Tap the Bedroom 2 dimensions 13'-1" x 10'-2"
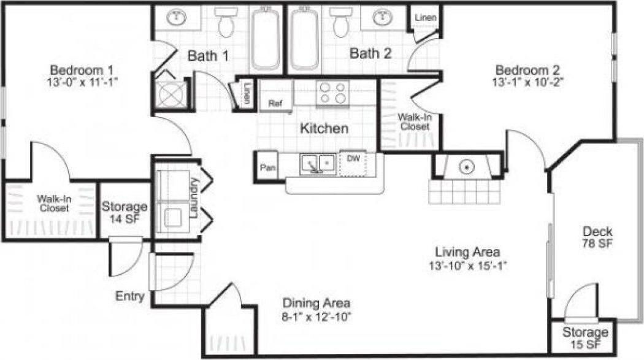(527, 82)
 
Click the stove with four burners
(332, 93)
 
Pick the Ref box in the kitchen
(275, 104)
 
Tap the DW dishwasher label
(353, 158)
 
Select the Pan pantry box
(267, 167)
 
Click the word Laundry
(194, 198)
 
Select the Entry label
(130, 297)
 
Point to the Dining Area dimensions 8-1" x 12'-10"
(316, 316)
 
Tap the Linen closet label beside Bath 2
(426, 18)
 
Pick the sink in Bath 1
(177, 17)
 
